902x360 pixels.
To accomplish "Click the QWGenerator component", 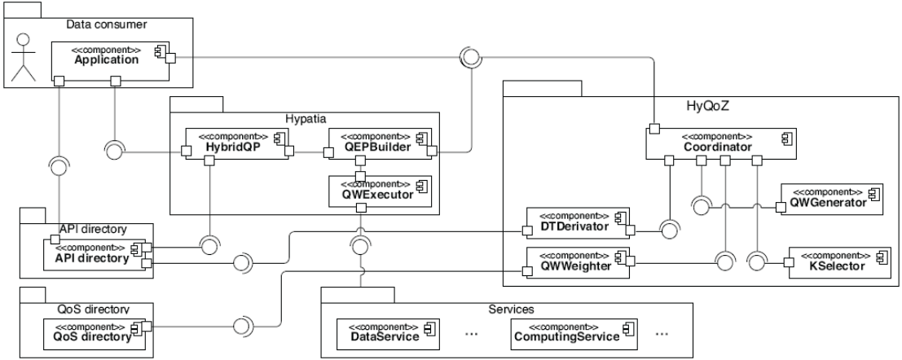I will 831,199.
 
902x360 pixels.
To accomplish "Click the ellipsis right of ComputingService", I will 661,333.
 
